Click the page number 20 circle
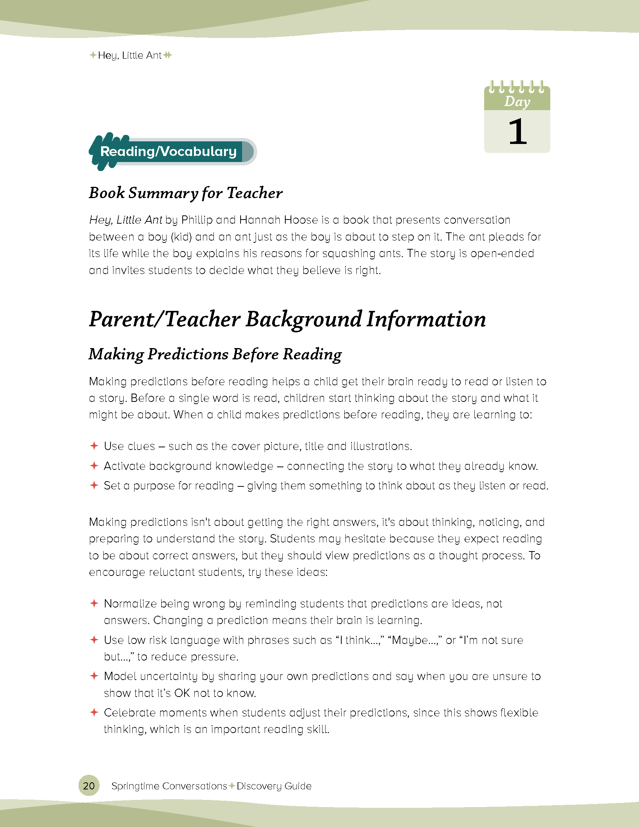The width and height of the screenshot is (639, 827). coord(89,786)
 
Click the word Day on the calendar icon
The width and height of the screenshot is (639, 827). coord(517,101)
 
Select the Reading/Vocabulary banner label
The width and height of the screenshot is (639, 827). coord(168,151)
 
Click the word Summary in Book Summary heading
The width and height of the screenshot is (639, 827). coord(163,193)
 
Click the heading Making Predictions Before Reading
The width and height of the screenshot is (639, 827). coord(215,354)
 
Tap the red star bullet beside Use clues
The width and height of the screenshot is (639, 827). coord(94,446)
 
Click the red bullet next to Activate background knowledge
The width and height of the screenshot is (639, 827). coord(94,465)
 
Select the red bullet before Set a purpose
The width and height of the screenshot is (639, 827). coord(94,485)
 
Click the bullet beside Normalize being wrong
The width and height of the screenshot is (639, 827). coord(94,603)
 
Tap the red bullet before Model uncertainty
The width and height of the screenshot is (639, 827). coord(94,676)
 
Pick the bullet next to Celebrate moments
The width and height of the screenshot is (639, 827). coord(94,712)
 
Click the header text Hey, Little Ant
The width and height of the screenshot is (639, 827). coord(129,56)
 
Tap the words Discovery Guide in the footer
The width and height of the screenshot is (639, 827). coord(274,786)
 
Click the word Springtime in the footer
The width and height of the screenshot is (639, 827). coord(135,786)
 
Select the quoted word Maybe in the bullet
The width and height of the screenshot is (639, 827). coord(410,640)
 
